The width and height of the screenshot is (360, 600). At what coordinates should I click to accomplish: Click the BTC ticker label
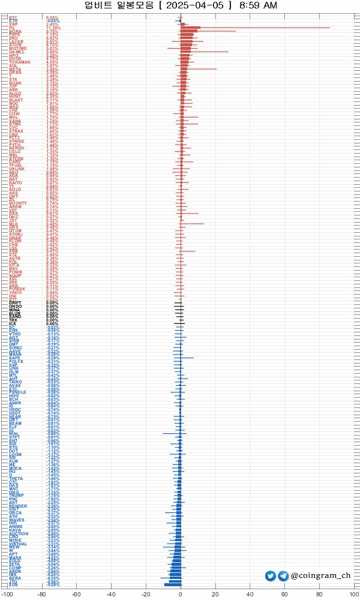13,17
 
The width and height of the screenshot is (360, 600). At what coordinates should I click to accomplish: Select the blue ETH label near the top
13,21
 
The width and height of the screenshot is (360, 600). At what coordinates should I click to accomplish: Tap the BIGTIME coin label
17,48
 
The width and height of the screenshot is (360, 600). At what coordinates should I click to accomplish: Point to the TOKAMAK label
19,62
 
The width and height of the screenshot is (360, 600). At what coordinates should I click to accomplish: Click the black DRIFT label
14,303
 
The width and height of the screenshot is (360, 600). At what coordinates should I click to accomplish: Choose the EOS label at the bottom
13,585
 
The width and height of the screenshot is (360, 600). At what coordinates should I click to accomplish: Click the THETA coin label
16,478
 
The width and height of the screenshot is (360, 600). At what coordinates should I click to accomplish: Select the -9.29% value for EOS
53,585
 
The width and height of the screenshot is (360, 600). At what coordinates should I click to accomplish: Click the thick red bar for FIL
190,28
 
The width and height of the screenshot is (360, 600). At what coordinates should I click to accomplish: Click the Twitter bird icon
271,576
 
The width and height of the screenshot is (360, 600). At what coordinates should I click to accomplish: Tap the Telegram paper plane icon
283,576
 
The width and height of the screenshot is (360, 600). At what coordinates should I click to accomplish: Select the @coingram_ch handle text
320,576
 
